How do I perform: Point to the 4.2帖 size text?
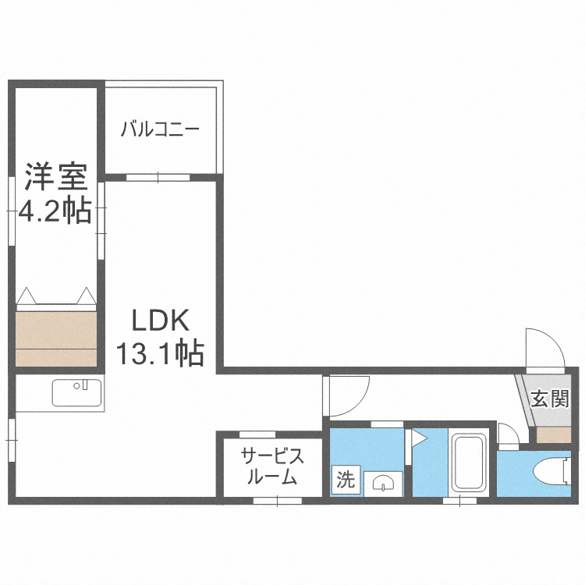coord(55,211)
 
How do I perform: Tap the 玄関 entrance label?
coord(550,399)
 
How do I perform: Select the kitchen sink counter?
coord(77,392)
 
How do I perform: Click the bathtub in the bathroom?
coord(469,464)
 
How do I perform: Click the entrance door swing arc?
coord(543,349)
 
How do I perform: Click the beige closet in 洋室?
coord(56,338)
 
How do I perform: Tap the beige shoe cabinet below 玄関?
coord(553,435)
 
